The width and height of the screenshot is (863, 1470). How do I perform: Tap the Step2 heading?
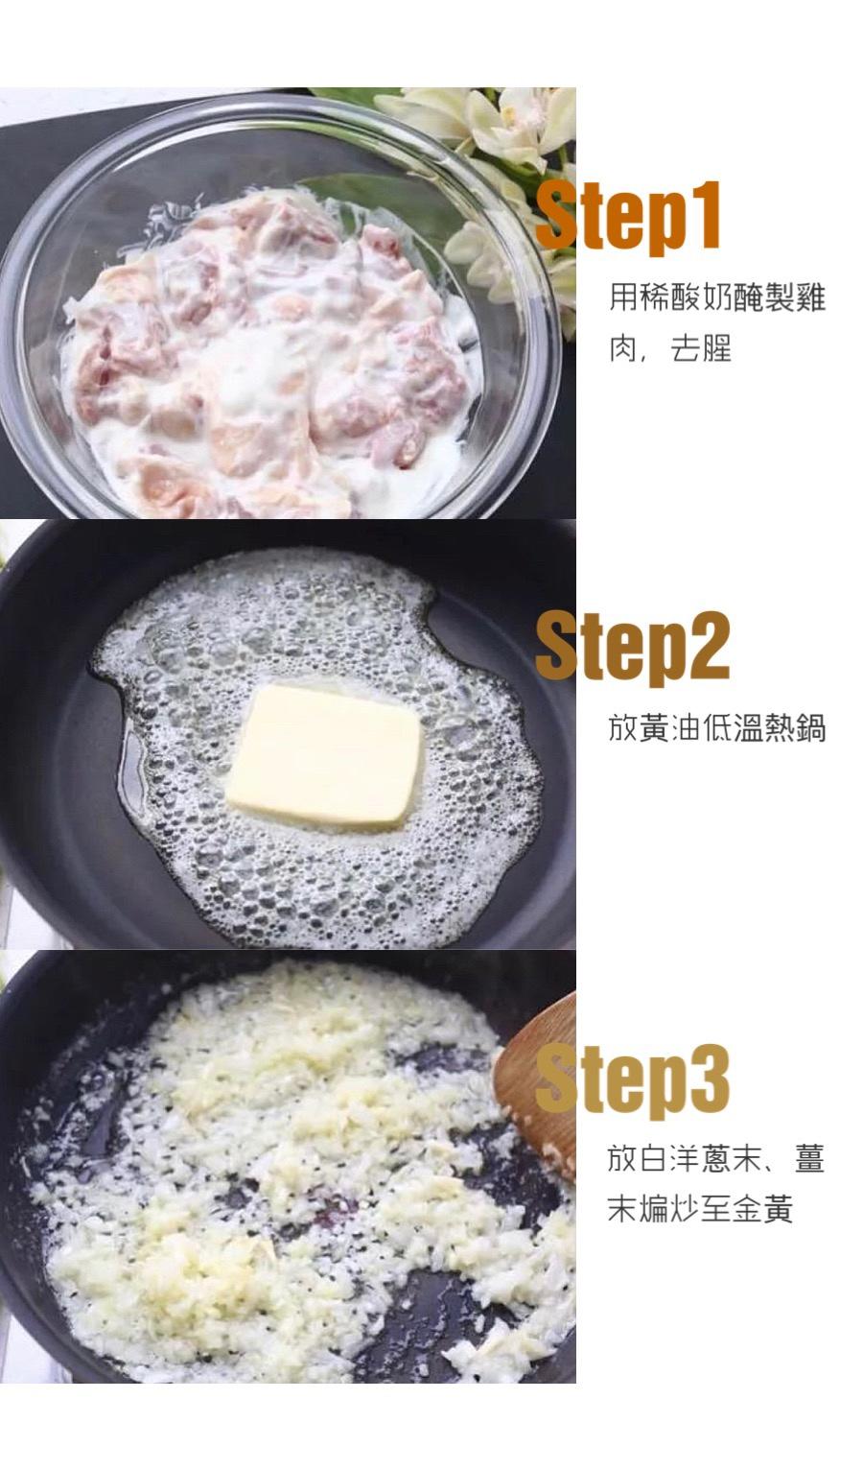633,647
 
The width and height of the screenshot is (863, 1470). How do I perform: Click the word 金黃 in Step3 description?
763,1209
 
